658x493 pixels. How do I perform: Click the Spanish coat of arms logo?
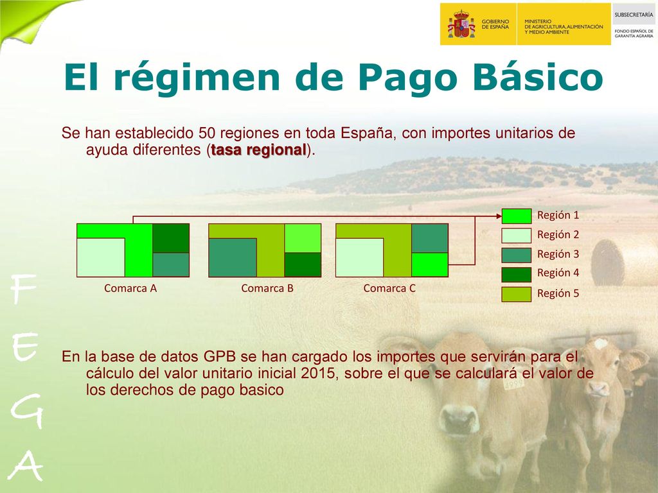[461, 24]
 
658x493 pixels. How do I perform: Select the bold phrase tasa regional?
[258, 150]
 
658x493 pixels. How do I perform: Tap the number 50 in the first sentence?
[207, 133]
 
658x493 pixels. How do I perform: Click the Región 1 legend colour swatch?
[517, 216]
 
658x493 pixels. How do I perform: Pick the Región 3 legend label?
[558, 254]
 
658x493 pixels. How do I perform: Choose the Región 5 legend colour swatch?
[517, 294]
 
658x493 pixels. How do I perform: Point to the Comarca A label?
[130, 288]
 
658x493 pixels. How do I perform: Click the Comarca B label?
[267, 288]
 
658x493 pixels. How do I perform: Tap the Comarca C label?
[389, 288]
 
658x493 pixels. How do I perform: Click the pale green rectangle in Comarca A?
[101, 257]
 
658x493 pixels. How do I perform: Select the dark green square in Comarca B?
[303, 264]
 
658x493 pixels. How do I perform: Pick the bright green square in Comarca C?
[430, 264]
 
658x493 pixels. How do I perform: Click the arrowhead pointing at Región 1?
[499, 216]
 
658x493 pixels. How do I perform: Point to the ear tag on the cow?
[513, 384]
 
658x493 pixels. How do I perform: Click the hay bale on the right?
[624, 263]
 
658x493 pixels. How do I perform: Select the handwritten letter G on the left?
[27, 412]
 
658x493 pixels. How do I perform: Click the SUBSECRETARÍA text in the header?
[634, 15]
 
